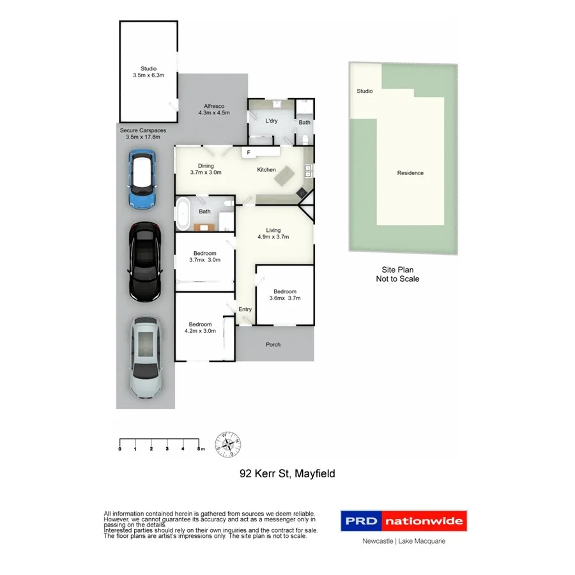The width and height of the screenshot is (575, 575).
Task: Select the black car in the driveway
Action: (144, 261)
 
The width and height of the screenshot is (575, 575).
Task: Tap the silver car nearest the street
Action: (145, 358)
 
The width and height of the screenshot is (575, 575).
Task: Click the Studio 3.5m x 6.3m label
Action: (148, 72)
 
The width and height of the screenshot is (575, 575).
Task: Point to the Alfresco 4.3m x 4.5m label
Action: (213, 109)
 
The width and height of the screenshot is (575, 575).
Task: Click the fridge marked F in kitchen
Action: (249, 153)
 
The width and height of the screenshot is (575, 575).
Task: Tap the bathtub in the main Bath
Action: (183, 214)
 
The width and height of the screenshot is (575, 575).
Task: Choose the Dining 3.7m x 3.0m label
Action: (206, 169)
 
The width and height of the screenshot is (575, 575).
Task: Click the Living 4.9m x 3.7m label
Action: (273, 233)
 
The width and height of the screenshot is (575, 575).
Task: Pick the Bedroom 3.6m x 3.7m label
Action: (285, 295)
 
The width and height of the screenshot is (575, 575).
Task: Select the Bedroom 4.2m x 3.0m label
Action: (199, 327)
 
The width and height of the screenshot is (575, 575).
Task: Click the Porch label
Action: (273, 344)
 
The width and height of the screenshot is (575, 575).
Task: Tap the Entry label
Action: (245, 309)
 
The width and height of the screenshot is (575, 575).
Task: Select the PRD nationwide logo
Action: (403, 521)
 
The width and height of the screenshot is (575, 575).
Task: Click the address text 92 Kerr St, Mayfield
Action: (287, 473)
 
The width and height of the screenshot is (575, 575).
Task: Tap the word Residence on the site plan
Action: (410, 172)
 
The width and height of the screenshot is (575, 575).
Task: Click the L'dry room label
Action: (271, 120)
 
